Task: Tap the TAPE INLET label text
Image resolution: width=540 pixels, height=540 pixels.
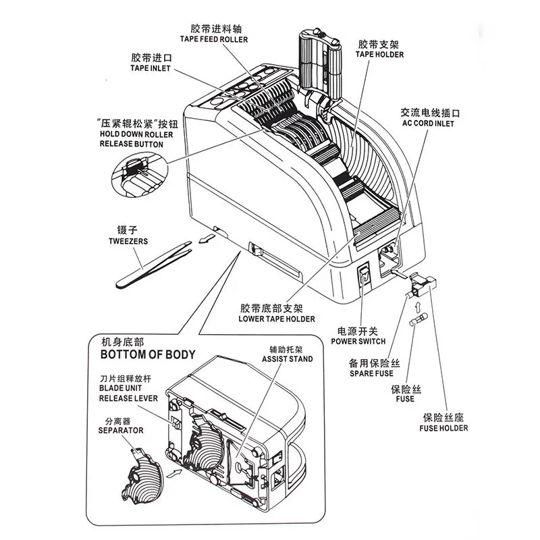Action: point(151,69)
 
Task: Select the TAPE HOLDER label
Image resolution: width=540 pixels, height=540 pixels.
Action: point(379,55)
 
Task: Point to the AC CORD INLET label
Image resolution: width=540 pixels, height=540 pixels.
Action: point(428,124)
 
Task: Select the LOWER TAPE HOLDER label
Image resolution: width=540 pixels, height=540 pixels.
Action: point(277,319)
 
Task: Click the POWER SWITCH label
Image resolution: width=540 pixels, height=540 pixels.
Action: point(357,342)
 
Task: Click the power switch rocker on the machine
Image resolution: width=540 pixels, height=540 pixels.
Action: point(364,274)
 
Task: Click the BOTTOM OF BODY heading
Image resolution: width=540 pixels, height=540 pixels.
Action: point(148,354)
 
